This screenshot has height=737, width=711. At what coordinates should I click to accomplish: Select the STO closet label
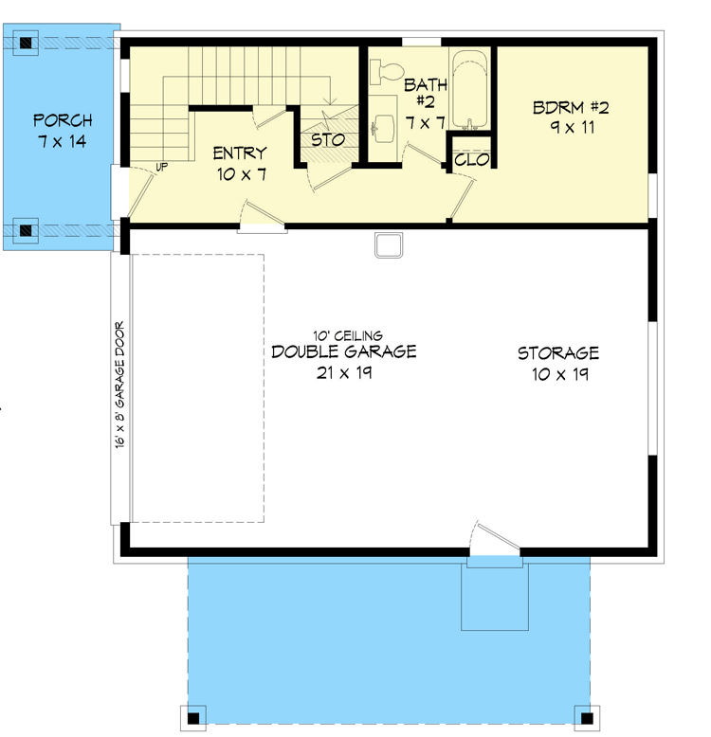point(328,139)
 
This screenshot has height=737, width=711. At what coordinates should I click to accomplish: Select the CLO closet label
point(470,160)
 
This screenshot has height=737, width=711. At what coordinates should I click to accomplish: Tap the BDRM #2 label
point(570,117)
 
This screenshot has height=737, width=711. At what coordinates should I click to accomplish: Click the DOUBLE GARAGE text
point(343,352)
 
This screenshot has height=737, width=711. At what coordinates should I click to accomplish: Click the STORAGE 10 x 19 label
point(557,363)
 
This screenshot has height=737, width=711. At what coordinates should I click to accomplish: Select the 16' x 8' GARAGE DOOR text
point(120,386)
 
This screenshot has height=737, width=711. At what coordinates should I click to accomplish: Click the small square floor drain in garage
point(389,244)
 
